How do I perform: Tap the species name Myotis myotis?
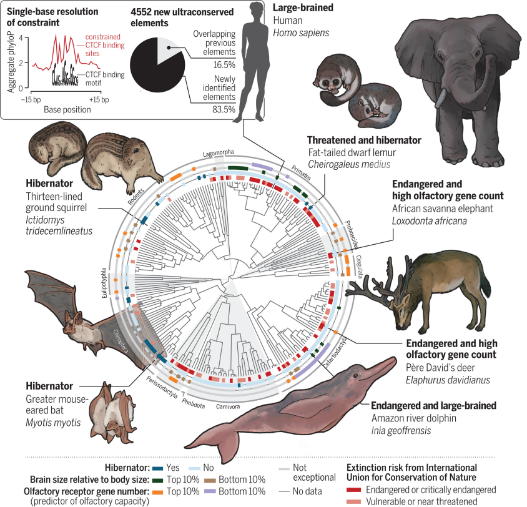coord(54,423)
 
